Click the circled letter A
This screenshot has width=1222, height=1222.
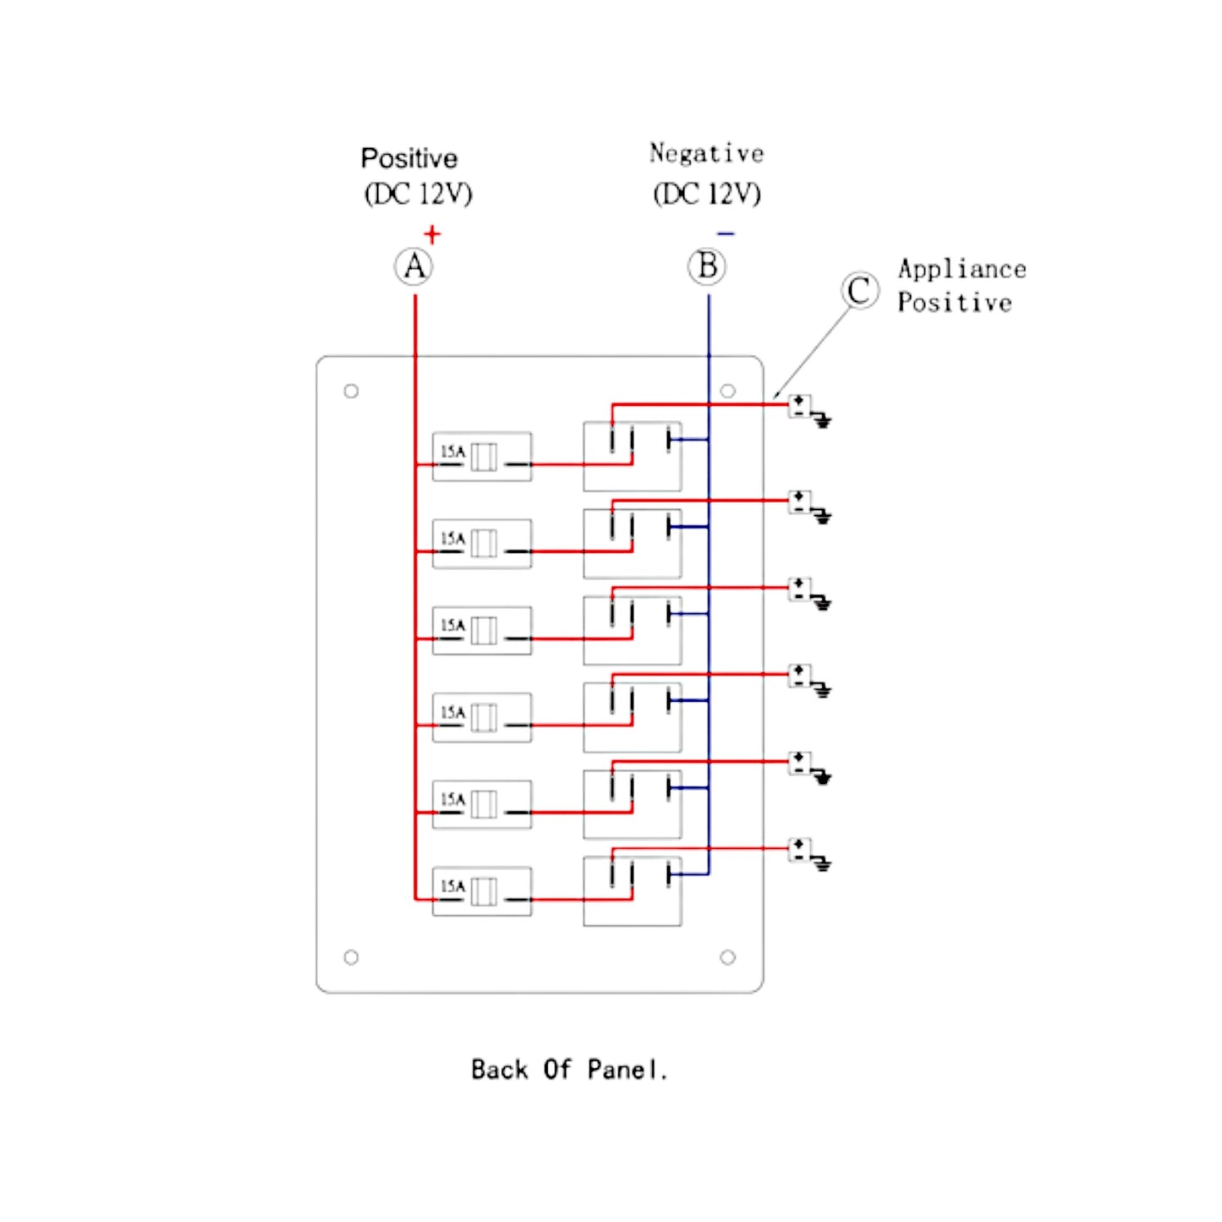click(x=414, y=266)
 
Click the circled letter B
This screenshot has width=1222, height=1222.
click(x=707, y=266)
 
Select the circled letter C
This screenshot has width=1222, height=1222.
click(x=859, y=291)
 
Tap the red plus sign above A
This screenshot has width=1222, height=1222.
click(x=432, y=233)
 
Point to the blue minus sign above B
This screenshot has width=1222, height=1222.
click(x=726, y=233)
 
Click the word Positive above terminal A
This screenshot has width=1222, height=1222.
click(x=409, y=158)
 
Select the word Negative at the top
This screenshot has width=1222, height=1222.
click(x=706, y=153)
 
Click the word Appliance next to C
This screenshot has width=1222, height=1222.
click(x=962, y=269)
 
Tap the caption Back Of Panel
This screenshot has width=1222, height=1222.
click(x=569, y=1070)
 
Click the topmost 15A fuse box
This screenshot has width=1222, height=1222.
click(x=481, y=457)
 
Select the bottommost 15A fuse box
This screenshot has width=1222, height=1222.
click(x=481, y=891)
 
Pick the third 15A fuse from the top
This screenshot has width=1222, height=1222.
click(x=481, y=630)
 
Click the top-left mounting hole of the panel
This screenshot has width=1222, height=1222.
click(x=351, y=391)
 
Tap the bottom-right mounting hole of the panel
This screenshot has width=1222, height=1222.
click(x=727, y=957)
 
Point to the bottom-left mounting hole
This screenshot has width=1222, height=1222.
click(x=351, y=957)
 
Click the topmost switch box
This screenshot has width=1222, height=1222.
click(x=632, y=457)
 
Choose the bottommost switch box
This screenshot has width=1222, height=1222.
click(x=632, y=891)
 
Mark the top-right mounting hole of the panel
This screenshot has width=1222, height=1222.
click(x=727, y=391)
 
